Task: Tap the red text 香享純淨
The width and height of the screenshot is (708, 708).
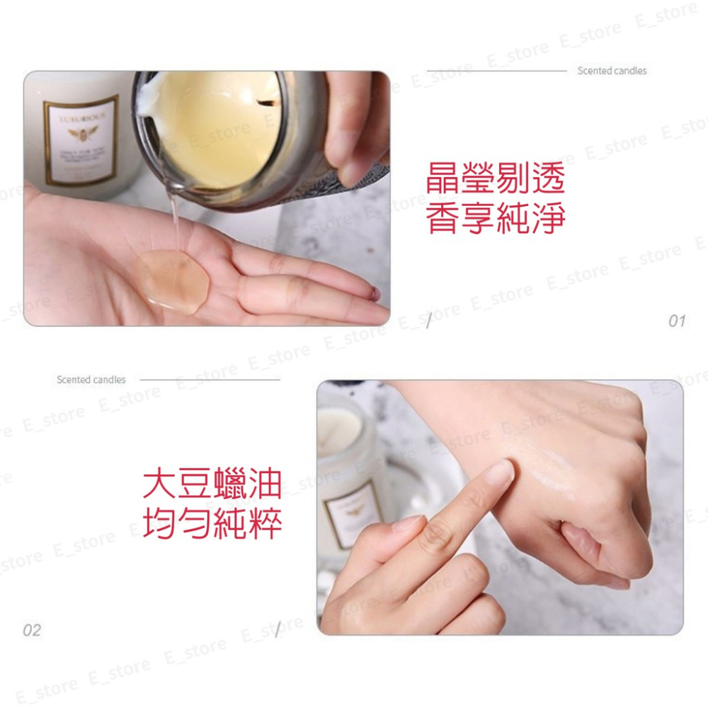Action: (495, 219)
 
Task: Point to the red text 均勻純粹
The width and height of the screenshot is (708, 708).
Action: (212, 523)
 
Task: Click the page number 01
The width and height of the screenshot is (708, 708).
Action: (677, 321)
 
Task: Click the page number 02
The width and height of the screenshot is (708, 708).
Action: (32, 629)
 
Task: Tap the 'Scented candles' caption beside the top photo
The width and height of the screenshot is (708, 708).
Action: (612, 71)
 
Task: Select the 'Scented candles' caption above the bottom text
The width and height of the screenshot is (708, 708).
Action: (91, 380)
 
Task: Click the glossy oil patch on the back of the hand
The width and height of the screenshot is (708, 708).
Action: (559, 471)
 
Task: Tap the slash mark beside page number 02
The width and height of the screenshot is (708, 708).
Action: (278, 629)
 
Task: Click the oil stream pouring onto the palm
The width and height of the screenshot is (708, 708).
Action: (172, 219)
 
